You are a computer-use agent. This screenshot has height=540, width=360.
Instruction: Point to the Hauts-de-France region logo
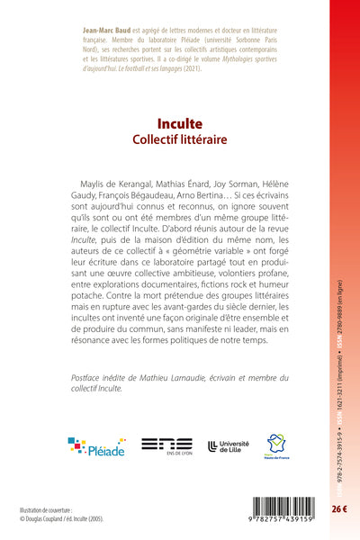[x=275, y=445]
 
